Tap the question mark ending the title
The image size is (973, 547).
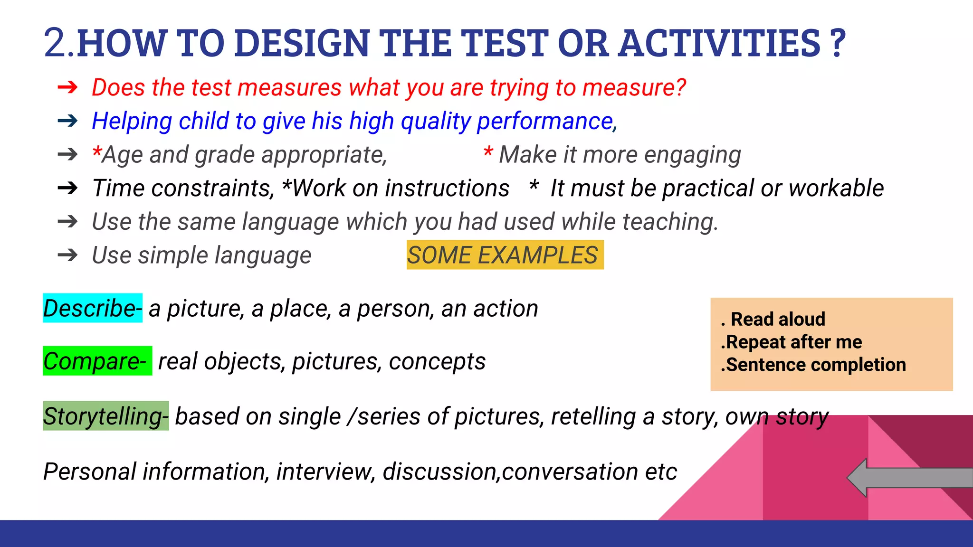click(x=839, y=43)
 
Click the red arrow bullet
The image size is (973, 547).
click(x=67, y=87)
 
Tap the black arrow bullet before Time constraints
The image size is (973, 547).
click(x=67, y=189)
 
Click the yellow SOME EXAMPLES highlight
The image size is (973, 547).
click(x=505, y=255)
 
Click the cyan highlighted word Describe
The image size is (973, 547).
click(x=92, y=308)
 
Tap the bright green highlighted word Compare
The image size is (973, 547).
click(x=97, y=361)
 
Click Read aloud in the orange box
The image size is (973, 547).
click(x=778, y=319)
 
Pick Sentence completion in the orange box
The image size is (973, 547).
click(x=815, y=365)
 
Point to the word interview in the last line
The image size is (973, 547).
click(x=326, y=472)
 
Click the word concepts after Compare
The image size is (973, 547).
click(x=437, y=362)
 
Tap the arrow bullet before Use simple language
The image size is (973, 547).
click(x=67, y=255)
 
